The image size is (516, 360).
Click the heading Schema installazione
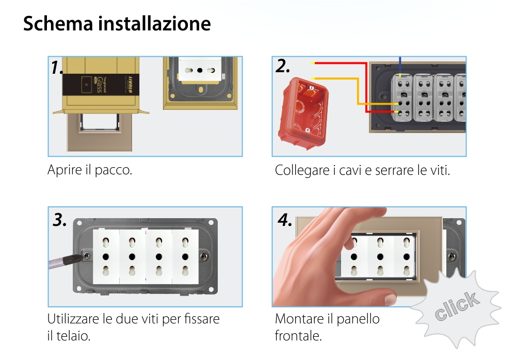[x=117, y=24]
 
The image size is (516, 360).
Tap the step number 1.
[x=57, y=67]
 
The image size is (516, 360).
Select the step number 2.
[x=282, y=66]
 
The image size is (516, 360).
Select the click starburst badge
[x=456, y=307]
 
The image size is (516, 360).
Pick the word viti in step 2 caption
[x=439, y=170]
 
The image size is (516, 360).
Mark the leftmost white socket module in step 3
[x=105, y=256]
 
